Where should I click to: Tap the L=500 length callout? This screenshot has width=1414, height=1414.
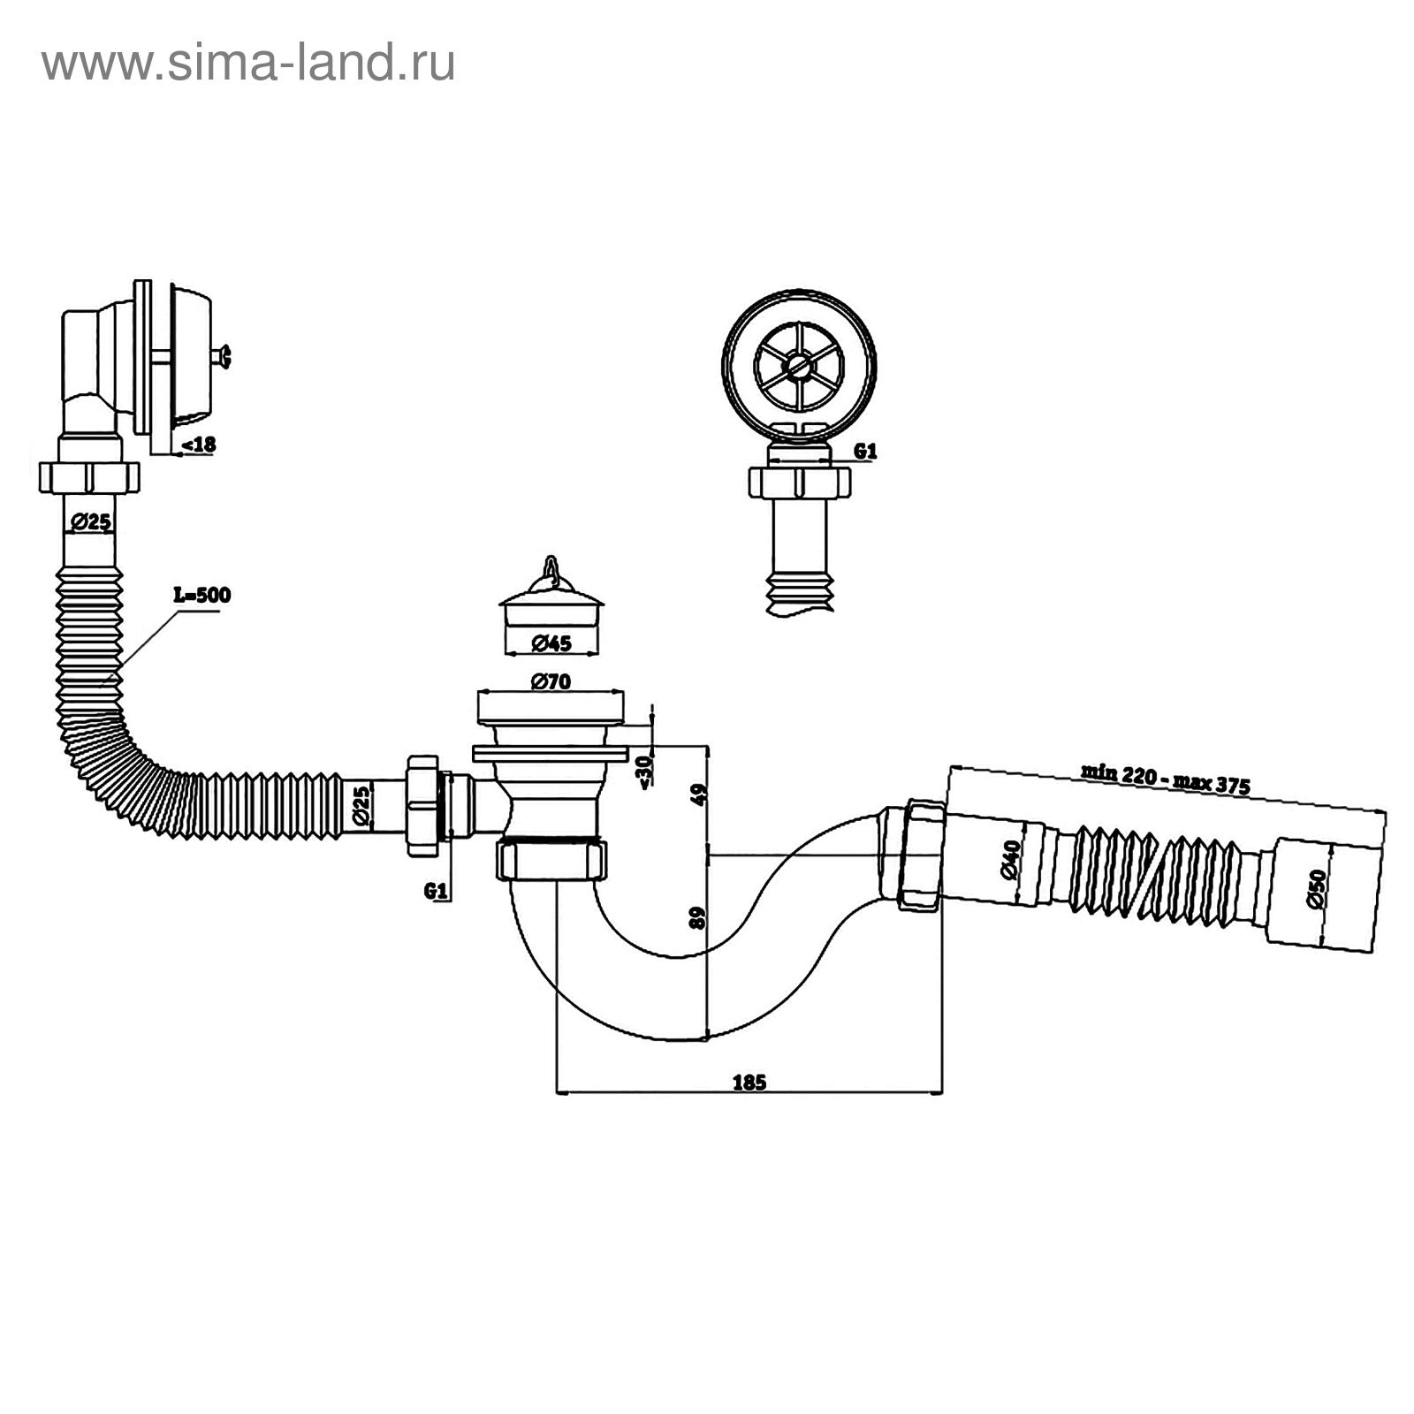pos(201,595)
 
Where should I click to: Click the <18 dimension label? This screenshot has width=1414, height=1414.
pos(198,445)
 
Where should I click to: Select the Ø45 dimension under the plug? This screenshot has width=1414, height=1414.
pos(551,643)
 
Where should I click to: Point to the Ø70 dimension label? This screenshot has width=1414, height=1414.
pos(551,681)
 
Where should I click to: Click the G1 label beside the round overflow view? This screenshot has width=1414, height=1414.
pos(865,451)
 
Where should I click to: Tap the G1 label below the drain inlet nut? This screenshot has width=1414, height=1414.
pos(433,891)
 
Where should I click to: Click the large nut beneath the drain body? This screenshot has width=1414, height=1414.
pos(551,859)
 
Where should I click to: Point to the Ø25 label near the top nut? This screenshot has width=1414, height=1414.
pos(89,522)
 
